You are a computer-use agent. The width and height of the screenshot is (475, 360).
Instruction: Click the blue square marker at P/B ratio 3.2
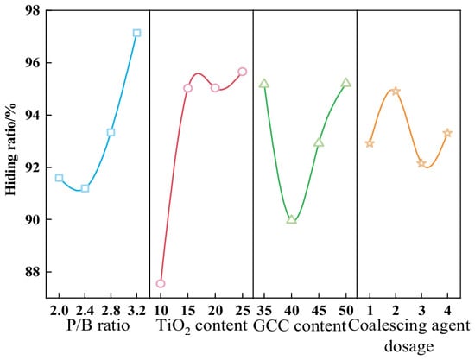click(x=136, y=33)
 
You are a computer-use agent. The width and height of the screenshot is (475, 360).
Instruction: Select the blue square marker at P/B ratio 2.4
click(x=85, y=188)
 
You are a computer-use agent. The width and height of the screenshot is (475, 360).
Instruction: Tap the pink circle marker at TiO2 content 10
click(x=161, y=283)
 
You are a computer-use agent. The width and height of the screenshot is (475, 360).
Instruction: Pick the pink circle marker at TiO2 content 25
click(x=243, y=72)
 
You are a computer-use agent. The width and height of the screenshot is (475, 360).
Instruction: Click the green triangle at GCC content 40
click(x=291, y=219)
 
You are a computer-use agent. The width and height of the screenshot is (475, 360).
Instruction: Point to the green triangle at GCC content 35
click(x=264, y=83)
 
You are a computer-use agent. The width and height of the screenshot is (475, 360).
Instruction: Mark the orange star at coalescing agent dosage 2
click(x=396, y=92)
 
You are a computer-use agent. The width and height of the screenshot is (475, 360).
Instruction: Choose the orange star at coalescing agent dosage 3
click(x=421, y=163)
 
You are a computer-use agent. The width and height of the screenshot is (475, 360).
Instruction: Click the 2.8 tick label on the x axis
click(x=111, y=311)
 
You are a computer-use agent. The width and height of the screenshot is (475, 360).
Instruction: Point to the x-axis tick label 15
click(x=187, y=311)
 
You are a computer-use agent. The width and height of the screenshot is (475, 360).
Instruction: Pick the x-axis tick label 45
click(x=319, y=311)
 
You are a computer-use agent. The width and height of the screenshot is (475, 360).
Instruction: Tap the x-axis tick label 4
click(x=447, y=311)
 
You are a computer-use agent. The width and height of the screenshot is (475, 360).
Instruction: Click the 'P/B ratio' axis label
click(x=98, y=326)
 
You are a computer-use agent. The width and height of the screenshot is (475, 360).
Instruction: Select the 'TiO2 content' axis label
click(x=202, y=326)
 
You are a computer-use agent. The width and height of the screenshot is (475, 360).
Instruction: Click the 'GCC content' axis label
click(x=300, y=326)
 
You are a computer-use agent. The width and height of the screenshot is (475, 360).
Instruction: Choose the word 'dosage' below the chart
click(x=409, y=346)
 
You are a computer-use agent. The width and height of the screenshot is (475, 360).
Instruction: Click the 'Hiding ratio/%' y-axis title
click(x=11, y=149)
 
